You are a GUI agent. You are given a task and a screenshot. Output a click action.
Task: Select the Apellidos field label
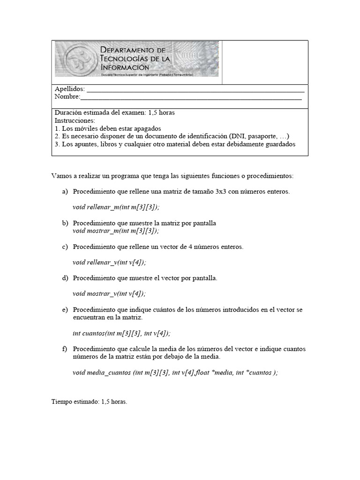tap(69, 89)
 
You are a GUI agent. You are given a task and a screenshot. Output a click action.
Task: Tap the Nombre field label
tap(67, 97)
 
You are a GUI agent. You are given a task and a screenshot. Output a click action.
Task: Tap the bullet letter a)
tap(65, 192)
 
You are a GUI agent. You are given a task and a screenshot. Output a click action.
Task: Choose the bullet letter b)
tap(65, 223)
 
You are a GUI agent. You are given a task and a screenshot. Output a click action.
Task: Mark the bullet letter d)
tap(65, 278)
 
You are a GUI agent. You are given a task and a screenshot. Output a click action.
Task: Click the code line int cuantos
tap(121, 333)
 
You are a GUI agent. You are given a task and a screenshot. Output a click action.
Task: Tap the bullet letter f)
tap(65, 349)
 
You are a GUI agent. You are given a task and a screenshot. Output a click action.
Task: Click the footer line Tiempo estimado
tap(89, 402)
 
